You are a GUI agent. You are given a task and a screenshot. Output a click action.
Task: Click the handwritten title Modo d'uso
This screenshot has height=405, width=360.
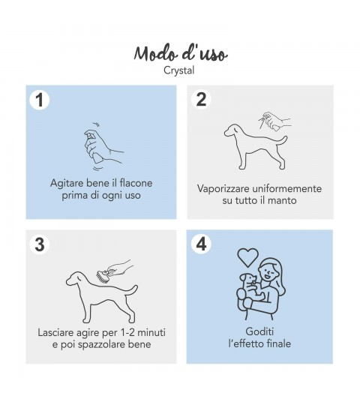click(x=181, y=53)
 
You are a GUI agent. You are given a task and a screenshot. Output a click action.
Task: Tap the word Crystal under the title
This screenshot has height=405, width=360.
click(x=179, y=70)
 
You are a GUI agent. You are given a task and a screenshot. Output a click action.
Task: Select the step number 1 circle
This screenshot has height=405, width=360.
click(x=39, y=100)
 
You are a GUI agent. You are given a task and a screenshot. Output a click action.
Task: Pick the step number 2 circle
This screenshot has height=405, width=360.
click(x=201, y=99)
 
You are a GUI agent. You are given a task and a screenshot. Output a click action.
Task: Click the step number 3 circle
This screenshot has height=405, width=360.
click(x=40, y=244)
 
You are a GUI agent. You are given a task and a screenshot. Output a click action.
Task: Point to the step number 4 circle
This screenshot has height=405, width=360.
click(x=201, y=244)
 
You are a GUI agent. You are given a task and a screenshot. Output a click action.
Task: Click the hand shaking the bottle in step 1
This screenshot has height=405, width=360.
click(x=102, y=146)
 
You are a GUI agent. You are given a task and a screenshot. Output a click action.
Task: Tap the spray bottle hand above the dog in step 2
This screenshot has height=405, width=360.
click(x=274, y=121)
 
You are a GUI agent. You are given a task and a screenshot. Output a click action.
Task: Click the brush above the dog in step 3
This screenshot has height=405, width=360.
click(x=102, y=277)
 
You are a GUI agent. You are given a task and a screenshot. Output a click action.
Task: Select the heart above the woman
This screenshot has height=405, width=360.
click(x=247, y=256)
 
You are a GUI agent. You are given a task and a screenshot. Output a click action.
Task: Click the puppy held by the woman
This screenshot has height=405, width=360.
click(x=250, y=287)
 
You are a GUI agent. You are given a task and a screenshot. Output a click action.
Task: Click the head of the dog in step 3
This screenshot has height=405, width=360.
click(x=76, y=279)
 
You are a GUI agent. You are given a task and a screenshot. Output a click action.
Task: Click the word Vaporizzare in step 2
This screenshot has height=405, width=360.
click(x=223, y=188)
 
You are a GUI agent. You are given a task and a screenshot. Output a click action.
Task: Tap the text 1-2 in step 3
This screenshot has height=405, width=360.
click(x=127, y=332)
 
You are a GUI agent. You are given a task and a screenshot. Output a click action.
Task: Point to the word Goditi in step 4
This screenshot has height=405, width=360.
click(x=259, y=331)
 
